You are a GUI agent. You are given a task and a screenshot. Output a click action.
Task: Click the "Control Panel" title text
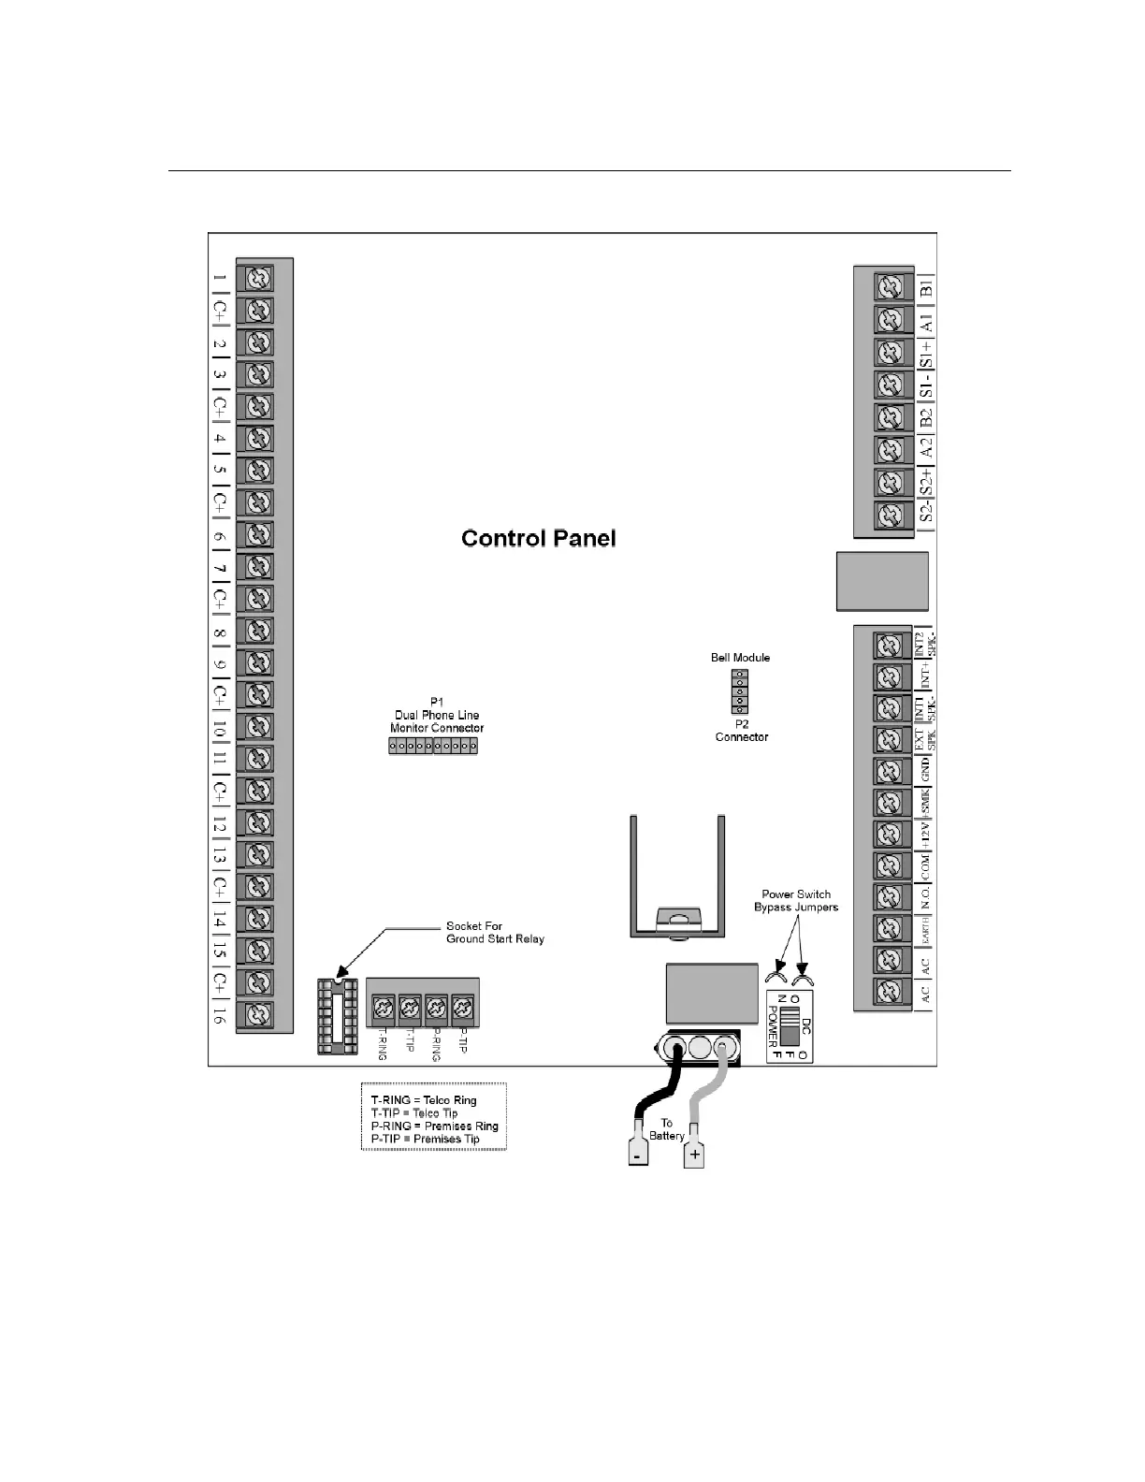539,538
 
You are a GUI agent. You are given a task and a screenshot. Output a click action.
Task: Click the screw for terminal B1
891,287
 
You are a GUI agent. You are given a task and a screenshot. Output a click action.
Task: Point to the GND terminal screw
891,771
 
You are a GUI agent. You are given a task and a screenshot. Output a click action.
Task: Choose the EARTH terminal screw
891,928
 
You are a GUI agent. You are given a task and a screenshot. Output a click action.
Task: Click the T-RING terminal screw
383,1008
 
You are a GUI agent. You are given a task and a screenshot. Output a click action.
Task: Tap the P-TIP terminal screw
461,1008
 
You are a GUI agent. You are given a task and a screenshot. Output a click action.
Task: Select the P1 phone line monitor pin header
433,746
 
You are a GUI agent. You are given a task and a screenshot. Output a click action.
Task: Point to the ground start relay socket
337,1016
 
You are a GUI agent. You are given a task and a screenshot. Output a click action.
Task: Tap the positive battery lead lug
694,1154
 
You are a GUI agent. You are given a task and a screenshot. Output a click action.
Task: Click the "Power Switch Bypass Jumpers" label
796,900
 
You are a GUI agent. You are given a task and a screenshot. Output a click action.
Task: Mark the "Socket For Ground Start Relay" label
494,932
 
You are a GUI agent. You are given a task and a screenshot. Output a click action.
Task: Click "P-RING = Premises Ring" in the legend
434,1126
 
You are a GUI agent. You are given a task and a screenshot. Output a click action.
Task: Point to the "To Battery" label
667,1129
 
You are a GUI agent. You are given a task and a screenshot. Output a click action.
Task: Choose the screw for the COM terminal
891,865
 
